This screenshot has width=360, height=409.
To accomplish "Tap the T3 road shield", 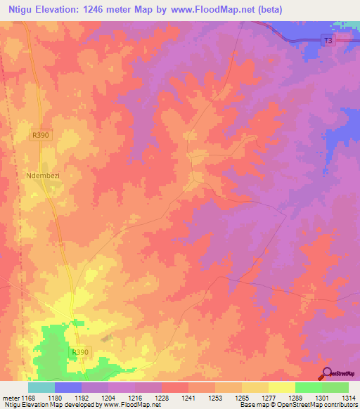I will point(328,41).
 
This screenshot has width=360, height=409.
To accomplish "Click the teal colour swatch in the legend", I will point(41,387).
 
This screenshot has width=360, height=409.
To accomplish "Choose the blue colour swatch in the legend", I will point(68,387).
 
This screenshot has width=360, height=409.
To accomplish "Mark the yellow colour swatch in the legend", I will point(282,387).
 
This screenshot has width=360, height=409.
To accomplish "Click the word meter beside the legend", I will point(11,398).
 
